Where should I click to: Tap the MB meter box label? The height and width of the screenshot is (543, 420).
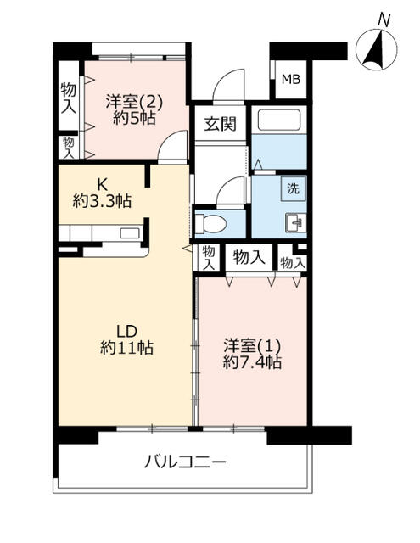290,81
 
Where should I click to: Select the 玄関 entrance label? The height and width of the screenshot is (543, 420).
220,123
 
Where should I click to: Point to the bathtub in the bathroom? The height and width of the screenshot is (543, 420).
281,118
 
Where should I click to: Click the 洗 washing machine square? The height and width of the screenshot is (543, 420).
293,189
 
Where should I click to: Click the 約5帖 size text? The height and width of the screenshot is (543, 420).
134,118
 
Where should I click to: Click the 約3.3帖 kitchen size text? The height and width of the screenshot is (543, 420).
102,201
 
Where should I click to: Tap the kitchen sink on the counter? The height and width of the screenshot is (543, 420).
129,233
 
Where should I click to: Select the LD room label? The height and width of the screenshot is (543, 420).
126,331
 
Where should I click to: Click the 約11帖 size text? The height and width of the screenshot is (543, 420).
126,348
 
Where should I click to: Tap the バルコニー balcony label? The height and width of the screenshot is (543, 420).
184,462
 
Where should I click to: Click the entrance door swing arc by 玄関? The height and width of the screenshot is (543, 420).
229,85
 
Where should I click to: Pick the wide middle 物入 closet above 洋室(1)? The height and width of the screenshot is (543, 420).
250,256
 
